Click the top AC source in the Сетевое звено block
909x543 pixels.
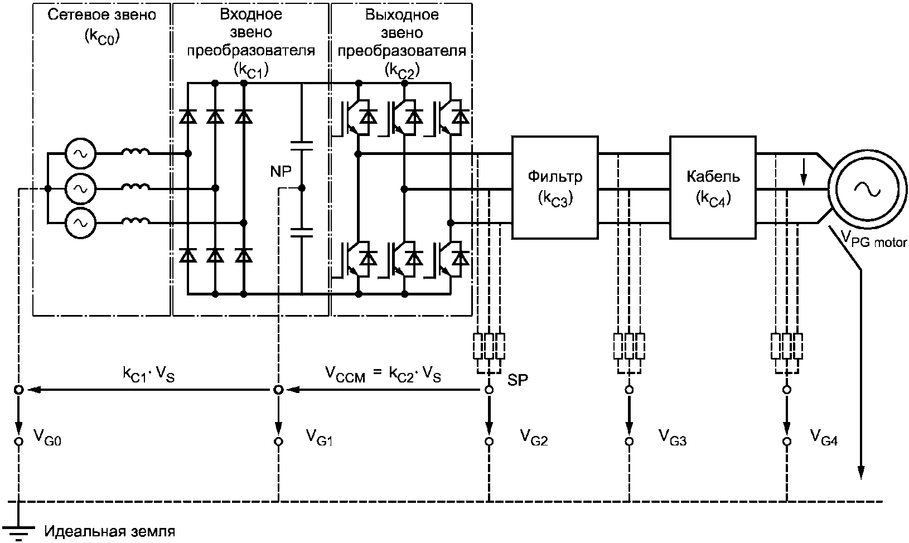tap(80, 154)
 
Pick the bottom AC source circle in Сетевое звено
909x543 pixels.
tap(80, 223)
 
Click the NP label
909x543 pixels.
tap(281, 172)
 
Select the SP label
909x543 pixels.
tap(518, 380)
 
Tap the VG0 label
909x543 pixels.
tap(47, 438)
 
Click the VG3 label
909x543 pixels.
tap(673, 438)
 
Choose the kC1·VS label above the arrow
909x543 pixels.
tap(148, 375)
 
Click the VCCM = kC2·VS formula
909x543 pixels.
tap(383, 375)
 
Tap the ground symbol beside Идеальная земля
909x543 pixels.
tap(18, 529)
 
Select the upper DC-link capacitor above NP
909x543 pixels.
tap(302, 146)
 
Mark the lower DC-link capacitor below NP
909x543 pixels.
tap(302, 232)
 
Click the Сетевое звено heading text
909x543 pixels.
tap(102, 15)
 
